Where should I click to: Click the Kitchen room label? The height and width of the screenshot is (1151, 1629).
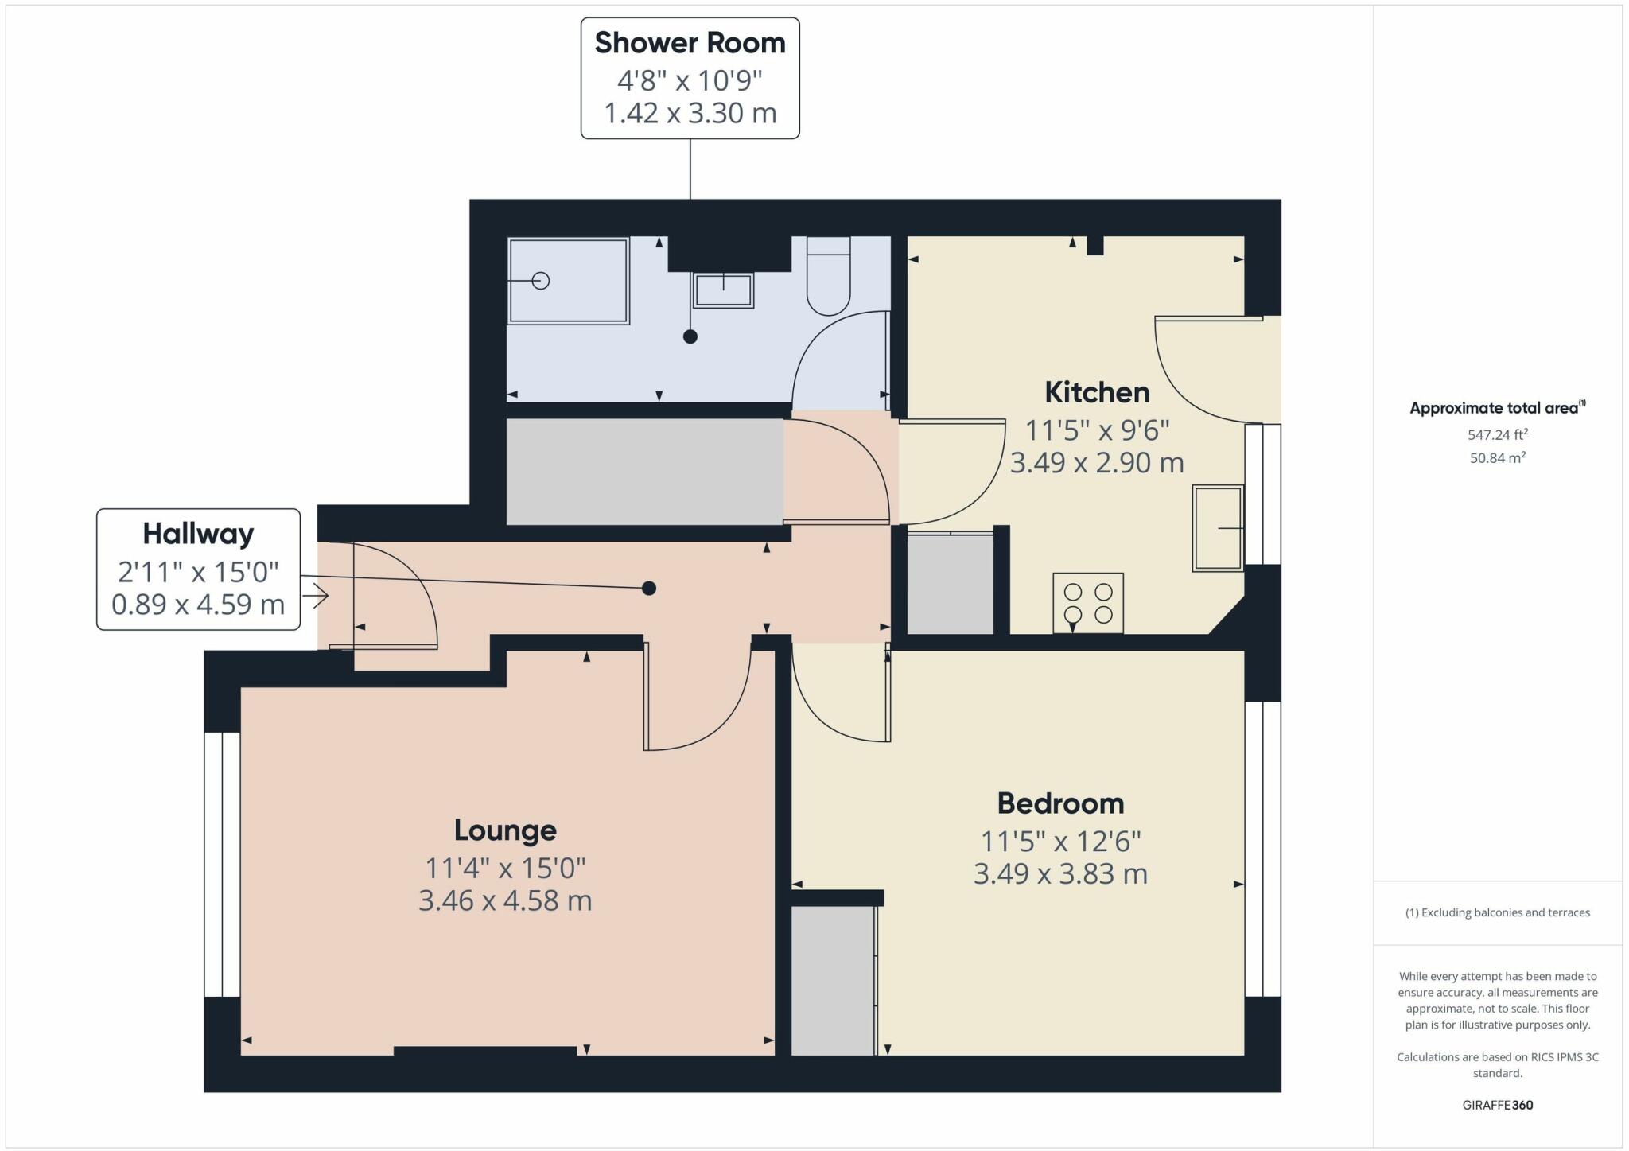[1097, 392]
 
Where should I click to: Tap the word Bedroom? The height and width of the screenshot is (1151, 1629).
[1060, 803]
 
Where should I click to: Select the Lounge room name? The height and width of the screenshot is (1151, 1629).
[505, 830]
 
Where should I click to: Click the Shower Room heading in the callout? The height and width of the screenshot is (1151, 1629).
[690, 43]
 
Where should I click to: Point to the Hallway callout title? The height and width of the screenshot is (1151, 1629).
[198, 534]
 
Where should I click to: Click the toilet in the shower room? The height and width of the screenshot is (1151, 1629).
[829, 275]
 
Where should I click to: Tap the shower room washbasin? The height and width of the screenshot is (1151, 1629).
[723, 290]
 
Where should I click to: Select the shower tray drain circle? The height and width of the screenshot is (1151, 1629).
[541, 281]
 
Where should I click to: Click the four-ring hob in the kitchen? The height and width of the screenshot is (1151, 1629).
[1088, 603]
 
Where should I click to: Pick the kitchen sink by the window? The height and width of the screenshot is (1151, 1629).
[1218, 528]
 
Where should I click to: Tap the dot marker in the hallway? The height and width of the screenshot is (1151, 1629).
[649, 589]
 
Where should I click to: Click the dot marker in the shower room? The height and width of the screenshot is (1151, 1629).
[690, 336]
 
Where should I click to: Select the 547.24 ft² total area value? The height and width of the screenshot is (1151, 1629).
[1498, 434]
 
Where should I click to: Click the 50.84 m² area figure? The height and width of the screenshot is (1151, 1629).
[1498, 457]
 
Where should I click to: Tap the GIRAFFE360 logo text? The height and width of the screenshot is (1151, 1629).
[1498, 1105]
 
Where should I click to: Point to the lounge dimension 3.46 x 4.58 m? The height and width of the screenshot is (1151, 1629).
[505, 901]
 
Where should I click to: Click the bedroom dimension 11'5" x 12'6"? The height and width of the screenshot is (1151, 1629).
[1060, 841]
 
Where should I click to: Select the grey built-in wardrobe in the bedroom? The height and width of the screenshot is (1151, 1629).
[833, 981]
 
